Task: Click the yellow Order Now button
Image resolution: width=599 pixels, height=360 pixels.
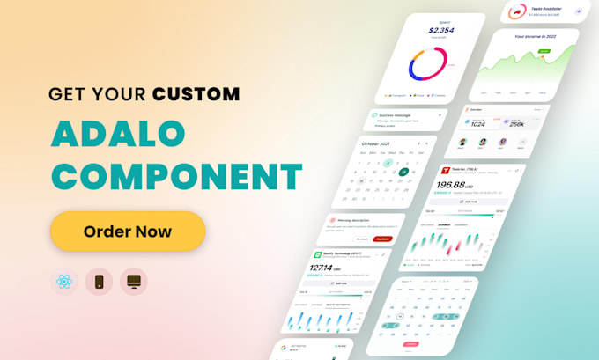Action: pyautogui.click(x=128, y=231)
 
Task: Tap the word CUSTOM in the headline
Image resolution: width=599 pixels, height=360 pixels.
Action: pyautogui.click(x=196, y=92)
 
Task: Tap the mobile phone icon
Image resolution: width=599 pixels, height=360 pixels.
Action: pyautogui.click(x=99, y=282)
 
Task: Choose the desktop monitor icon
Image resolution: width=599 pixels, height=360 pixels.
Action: pyautogui.click(x=134, y=282)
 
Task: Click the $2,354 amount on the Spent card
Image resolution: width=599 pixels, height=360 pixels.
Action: pyautogui.click(x=440, y=30)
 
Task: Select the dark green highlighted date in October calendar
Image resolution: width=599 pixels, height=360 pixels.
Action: pyautogui.click(x=403, y=172)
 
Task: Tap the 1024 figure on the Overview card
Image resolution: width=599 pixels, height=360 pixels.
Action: pyautogui.click(x=479, y=123)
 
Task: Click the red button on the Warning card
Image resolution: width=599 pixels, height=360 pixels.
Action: pyautogui.click(x=381, y=238)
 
